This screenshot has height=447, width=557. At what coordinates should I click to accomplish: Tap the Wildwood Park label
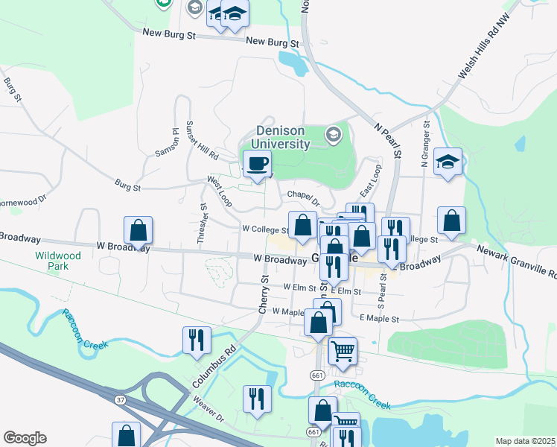58,260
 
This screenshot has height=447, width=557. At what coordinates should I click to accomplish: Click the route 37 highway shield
120,400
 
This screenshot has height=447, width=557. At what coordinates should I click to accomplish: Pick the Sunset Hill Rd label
201,141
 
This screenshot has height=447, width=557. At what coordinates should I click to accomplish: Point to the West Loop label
220,191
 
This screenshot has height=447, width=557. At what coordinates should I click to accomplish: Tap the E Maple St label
379,318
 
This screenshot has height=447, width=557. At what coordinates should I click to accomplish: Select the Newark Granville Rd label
516,262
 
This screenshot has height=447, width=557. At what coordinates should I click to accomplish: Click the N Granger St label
425,145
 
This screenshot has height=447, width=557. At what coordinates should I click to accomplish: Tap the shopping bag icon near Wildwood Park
139,230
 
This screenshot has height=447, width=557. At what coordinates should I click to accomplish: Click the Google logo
25,437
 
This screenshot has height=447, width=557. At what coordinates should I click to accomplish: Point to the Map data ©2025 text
525,441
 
